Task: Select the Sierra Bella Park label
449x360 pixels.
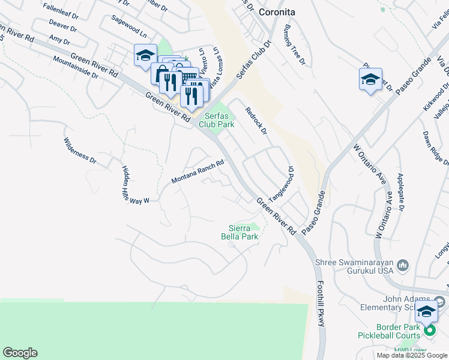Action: pyautogui.click(x=243, y=232)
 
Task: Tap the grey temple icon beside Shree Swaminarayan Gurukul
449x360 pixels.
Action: pyautogui.click(x=403, y=265)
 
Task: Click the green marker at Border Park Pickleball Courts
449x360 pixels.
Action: pyautogui.click(x=429, y=330)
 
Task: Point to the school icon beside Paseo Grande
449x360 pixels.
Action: pyautogui.click(x=370, y=79)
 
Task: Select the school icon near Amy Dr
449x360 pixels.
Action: pyautogui.click(x=145, y=56)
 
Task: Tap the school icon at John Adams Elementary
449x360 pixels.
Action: pyautogui.click(x=426, y=311)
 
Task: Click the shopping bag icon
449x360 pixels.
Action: pyautogui.click(x=161, y=74)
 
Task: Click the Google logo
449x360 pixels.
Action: pyautogui.click(x=20, y=353)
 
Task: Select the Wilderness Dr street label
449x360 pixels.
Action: pyautogui.click(x=80, y=151)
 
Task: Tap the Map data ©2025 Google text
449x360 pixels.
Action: pyautogui.click(x=412, y=355)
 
